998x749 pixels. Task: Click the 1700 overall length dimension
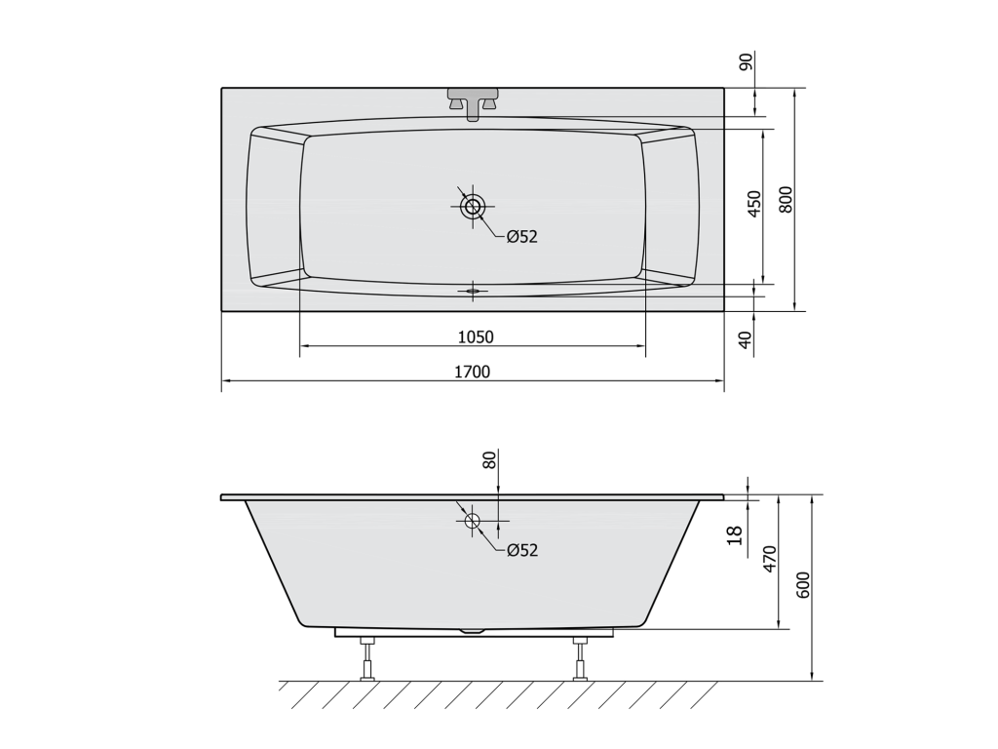[473, 372]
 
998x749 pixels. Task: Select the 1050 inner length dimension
[476, 336]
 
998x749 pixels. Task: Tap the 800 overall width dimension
[786, 199]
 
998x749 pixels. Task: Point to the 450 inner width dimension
[754, 204]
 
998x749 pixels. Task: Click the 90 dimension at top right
[746, 61]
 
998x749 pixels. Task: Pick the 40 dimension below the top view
[746, 339]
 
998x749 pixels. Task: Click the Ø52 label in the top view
[522, 237]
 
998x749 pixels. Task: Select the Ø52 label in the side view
[522, 550]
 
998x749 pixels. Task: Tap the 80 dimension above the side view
[489, 460]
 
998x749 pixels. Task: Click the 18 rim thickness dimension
[735, 535]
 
